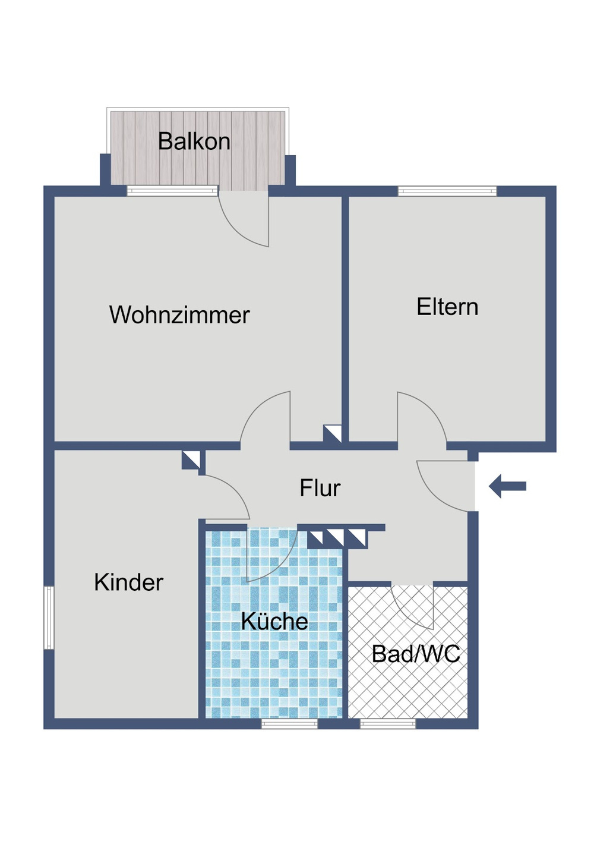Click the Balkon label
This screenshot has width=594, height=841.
pyautogui.click(x=194, y=141)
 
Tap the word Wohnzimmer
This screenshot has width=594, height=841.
pyautogui.click(x=179, y=315)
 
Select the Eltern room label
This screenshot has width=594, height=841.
pyautogui.click(x=447, y=307)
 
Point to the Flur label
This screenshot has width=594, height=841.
pyautogui.click(x=320, y=488)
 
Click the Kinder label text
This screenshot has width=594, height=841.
pyautogui.click(x=128, y=582)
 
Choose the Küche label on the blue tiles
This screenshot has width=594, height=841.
pyautogui.click(x=274, y=621)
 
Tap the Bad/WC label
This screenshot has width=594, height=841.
pyautogui.click(x=416, y=654)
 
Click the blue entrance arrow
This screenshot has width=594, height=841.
pyautogui.click(x=508, y=486)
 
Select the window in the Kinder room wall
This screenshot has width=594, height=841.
pyautogui.click(x=49, y=618)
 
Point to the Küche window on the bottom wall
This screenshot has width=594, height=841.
pyautogui.click(x=289, y=723)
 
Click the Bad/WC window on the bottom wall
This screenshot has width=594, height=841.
pyautogui.click(x=387, y=723)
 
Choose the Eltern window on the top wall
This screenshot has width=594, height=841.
pyautogui.click(x=447, y=191)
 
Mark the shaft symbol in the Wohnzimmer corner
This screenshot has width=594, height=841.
pyautogui.click(x=332, y=434)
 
